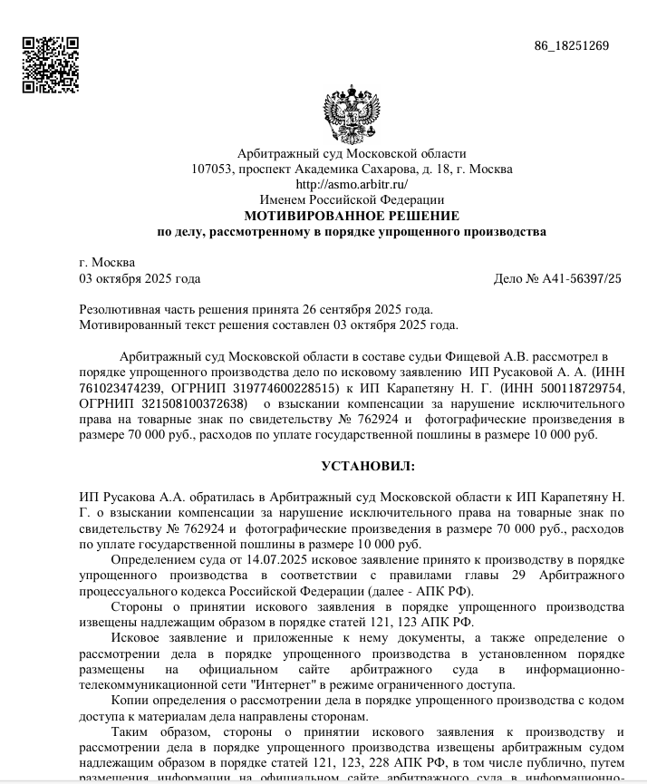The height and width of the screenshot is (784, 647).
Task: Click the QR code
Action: pos(50,65)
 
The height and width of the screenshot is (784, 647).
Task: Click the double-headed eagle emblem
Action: pos(351,115)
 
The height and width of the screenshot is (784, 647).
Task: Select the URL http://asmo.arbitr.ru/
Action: pos(352,184)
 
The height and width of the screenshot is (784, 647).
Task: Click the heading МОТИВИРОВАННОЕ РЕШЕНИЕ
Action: pos(352,216)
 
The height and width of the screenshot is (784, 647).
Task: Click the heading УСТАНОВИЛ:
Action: pos(368,466)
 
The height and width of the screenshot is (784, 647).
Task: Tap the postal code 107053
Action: pos(211,169)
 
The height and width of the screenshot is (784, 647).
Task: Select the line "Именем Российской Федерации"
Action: pos(352,199)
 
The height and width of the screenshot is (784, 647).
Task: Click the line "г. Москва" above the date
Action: pos(107,262)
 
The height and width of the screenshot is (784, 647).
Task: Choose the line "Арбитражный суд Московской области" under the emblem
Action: pos(352,153)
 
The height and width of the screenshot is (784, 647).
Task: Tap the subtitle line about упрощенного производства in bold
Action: pos(352,232)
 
